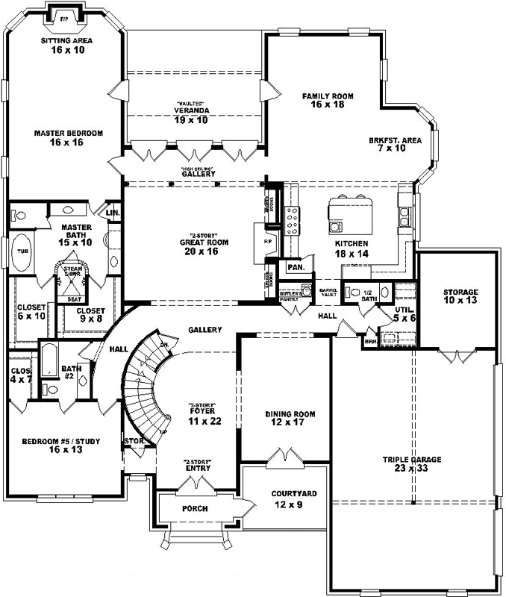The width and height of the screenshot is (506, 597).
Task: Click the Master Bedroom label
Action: pos(68,138)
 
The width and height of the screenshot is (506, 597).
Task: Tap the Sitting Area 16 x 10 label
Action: pos(66,46)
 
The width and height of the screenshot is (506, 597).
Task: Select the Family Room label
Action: pos(327,101)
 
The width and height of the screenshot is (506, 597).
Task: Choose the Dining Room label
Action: pos(290,419)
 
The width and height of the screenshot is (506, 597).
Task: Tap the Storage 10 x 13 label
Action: pos(460,296)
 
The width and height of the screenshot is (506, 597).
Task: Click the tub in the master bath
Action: pos(22,251)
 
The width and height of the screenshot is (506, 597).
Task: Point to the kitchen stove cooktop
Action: pos(293,221)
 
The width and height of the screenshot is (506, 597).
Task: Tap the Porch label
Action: pos(195,509)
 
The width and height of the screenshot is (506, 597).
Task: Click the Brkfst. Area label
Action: pos(396,144)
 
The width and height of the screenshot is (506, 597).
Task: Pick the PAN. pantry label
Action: pos(294,266)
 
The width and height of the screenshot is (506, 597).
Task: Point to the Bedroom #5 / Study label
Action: pos(62,446)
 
